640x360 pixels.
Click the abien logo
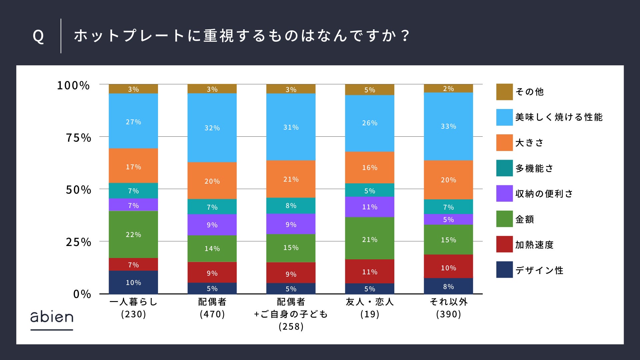point(52,318)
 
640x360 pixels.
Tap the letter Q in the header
point(38,36)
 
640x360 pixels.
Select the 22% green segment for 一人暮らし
point(133,234)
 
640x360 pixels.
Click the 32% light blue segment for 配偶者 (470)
point(212,128)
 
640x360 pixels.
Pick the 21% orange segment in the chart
point(291,179)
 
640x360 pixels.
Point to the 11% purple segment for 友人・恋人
point(369,207)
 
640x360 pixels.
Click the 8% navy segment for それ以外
point(448,286)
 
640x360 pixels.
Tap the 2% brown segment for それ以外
point(448,88)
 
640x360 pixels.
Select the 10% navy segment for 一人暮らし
point(133,282)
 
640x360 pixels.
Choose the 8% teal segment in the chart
point(291,205)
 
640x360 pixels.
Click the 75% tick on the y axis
point(78,138)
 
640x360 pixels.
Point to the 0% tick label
point(82,294)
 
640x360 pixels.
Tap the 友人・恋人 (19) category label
point(370,308)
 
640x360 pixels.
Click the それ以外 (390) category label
point(448,308)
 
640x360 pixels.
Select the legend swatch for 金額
point(504,219)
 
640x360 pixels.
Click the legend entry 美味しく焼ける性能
point(559,117)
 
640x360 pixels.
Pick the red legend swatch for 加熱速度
point(504,244)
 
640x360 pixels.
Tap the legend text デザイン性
point(539,270)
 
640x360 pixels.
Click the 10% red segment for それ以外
point(448,267)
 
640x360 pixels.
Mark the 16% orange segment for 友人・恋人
point(369,167)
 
